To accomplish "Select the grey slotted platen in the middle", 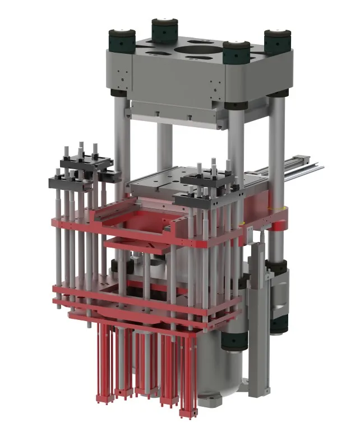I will point(163,182).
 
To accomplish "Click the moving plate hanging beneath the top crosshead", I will point(174,112).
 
